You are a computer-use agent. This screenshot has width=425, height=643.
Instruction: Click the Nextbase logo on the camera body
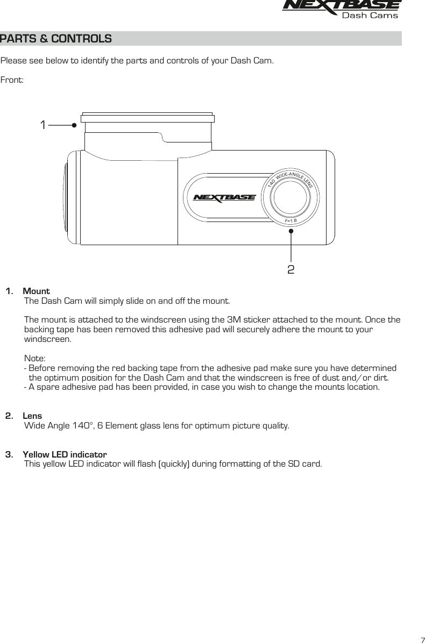[224, 197]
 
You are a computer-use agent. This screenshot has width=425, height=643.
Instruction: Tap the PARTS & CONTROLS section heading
[56, 39]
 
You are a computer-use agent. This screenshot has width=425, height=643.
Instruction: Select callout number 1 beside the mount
[42, 125]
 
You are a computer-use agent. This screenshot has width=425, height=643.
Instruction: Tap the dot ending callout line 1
[74, 125]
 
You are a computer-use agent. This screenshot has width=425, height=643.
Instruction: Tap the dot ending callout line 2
[291, 231]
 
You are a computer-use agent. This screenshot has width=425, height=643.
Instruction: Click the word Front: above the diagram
[12, 80]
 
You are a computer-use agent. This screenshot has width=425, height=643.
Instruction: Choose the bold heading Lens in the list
[32, 416]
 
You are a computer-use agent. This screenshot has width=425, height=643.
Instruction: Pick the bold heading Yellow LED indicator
[65, 454]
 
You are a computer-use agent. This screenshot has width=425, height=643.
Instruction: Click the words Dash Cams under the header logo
[370, 15]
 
